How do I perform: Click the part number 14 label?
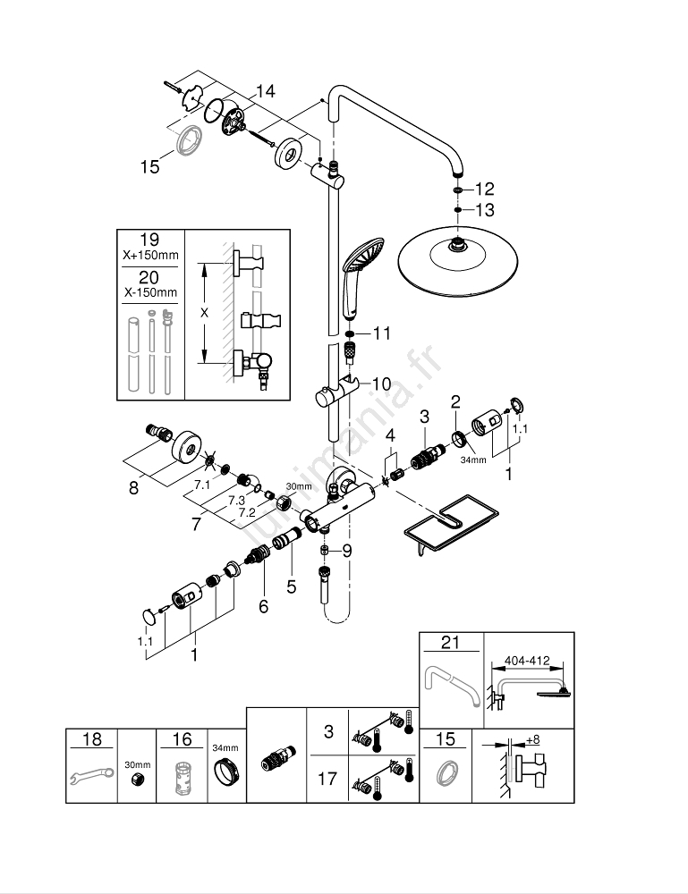coord(265,91)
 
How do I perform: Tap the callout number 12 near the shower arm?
coord(484,189)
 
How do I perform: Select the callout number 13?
coord(484,210)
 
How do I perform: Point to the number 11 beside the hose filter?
coord(382,333)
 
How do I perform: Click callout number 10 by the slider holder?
coord(381,384)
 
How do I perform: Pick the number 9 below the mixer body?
coord(347,551)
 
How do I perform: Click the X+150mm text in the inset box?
coord(150,255)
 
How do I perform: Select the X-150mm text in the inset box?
coord(150,292)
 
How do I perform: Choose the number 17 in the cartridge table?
coord(328,779)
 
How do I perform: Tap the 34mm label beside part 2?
coord(473,460)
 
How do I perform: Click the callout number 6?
coord(263,606)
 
